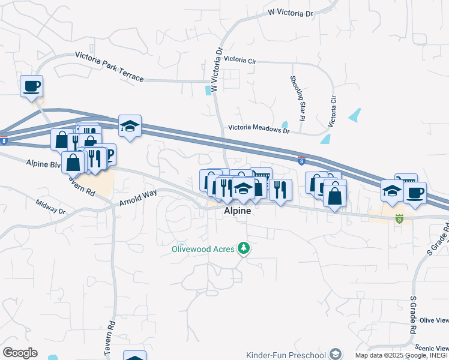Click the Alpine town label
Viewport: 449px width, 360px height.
pyautogui.click(x=237, y=212)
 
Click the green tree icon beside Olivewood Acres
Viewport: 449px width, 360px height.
pyautogui.click(x=243, y=247)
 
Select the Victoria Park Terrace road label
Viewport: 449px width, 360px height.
pyautogui.click(x=109, y=66)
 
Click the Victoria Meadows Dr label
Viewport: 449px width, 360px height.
pyautogui.click(x=259, y=127)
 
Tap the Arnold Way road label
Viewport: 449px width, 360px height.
pyautogui.click(x=138, y=198)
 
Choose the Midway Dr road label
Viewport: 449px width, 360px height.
pyautogui.click(x=50, y=208)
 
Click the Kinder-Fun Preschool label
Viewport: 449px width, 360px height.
pyautogui.click(x=290, y=354)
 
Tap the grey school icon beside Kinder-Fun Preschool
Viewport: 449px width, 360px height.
pyautogui.click(x=336, y=354)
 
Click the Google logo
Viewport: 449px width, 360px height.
pyautogui.click(x=19, y=353)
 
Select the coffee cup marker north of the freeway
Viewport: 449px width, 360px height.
pyautogui.click(x=31, y=86)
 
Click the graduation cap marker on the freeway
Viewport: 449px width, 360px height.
pyautogui.click(x=130, y=126)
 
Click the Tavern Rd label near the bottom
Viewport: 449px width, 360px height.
pyautogui.click(x=111, y=334)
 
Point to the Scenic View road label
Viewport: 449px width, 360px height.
pyautogui.click(x=434, y=348)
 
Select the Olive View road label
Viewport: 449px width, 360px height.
pyautogui.click(x=435, y=321)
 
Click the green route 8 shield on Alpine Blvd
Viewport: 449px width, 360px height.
pyautogui.click(x=399, y=218)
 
